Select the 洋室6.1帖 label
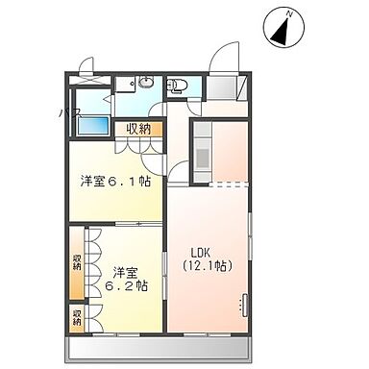(114, 179)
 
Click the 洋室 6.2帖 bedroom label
(126, 278)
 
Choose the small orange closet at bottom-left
(76, 317)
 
